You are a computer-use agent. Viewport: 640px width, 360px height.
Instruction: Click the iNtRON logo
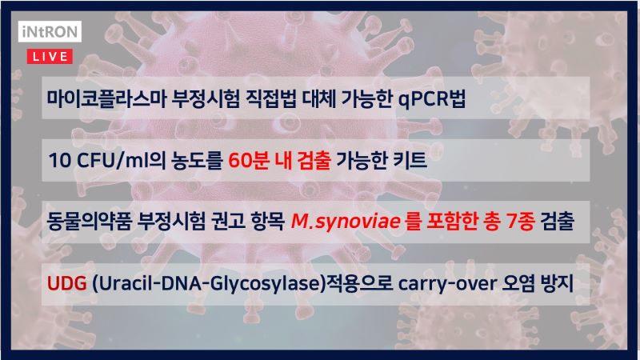point(50,31)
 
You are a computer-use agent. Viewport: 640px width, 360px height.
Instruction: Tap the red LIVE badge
point(50,56)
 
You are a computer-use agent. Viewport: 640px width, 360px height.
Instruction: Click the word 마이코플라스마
point(106,98)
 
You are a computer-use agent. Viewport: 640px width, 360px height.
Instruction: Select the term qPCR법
point(432,98)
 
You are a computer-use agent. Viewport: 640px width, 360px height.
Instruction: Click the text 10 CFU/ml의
point(107,160)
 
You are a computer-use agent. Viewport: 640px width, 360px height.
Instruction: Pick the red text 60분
point(248,160)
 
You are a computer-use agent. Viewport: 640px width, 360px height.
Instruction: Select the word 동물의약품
point(90,222)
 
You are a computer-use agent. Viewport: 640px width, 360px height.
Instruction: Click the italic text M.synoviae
point(346,222)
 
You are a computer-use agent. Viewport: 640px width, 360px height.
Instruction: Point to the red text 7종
point(520,222)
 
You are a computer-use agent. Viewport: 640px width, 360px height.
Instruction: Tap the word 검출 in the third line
point(557,222)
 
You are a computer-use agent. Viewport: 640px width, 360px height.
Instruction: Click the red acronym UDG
point(67,283)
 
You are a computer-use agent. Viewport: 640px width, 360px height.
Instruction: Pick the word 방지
point(557,283)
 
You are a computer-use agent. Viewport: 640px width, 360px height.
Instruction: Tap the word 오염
point(518,283)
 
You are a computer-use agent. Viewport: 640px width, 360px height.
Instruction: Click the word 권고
point(228,222)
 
